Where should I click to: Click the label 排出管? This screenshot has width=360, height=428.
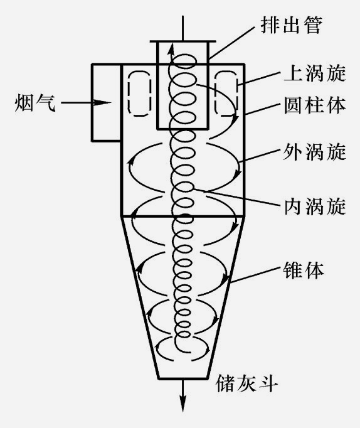(291, 25)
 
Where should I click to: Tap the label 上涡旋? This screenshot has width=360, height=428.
(314, 73)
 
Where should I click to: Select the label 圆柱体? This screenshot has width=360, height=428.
(314, 105)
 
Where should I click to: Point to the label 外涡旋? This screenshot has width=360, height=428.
(314, 152)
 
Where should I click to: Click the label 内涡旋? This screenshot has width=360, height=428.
(314, 206)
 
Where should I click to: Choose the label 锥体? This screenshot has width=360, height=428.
(304, 270)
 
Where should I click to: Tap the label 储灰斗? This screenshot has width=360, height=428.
(246, 383)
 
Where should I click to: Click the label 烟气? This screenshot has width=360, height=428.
(35, 103)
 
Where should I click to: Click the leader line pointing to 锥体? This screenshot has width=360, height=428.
(255, 274)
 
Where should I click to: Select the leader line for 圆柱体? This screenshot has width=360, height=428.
(263, 109)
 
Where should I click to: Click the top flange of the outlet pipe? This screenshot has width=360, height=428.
(183, 42)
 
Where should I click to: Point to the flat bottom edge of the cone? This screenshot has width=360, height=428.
(183, 378)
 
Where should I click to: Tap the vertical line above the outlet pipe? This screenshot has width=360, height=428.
(183, 28)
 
